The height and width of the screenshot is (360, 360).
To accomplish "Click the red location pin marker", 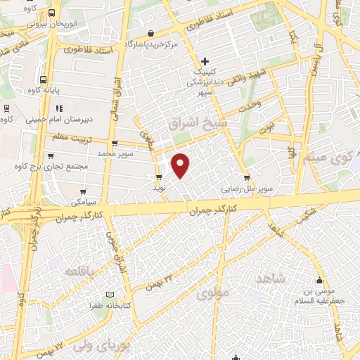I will [x=181, y=165].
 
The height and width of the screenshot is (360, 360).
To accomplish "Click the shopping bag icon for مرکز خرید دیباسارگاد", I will [x=151, y=32].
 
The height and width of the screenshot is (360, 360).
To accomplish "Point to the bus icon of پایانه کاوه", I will [x=44, y=79].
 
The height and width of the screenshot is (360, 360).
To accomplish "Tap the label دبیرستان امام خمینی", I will [x=53, y=119].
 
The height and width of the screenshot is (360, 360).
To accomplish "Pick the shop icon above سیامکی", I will [x=84, y=191].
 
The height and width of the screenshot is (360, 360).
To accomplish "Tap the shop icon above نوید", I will [x=158, y=176].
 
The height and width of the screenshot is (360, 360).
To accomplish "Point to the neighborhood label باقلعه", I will [x=80, y=271].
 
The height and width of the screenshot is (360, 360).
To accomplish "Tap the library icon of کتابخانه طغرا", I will [x=108, y=295].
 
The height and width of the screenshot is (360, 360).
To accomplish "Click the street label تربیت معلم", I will [x=71, y=136].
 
